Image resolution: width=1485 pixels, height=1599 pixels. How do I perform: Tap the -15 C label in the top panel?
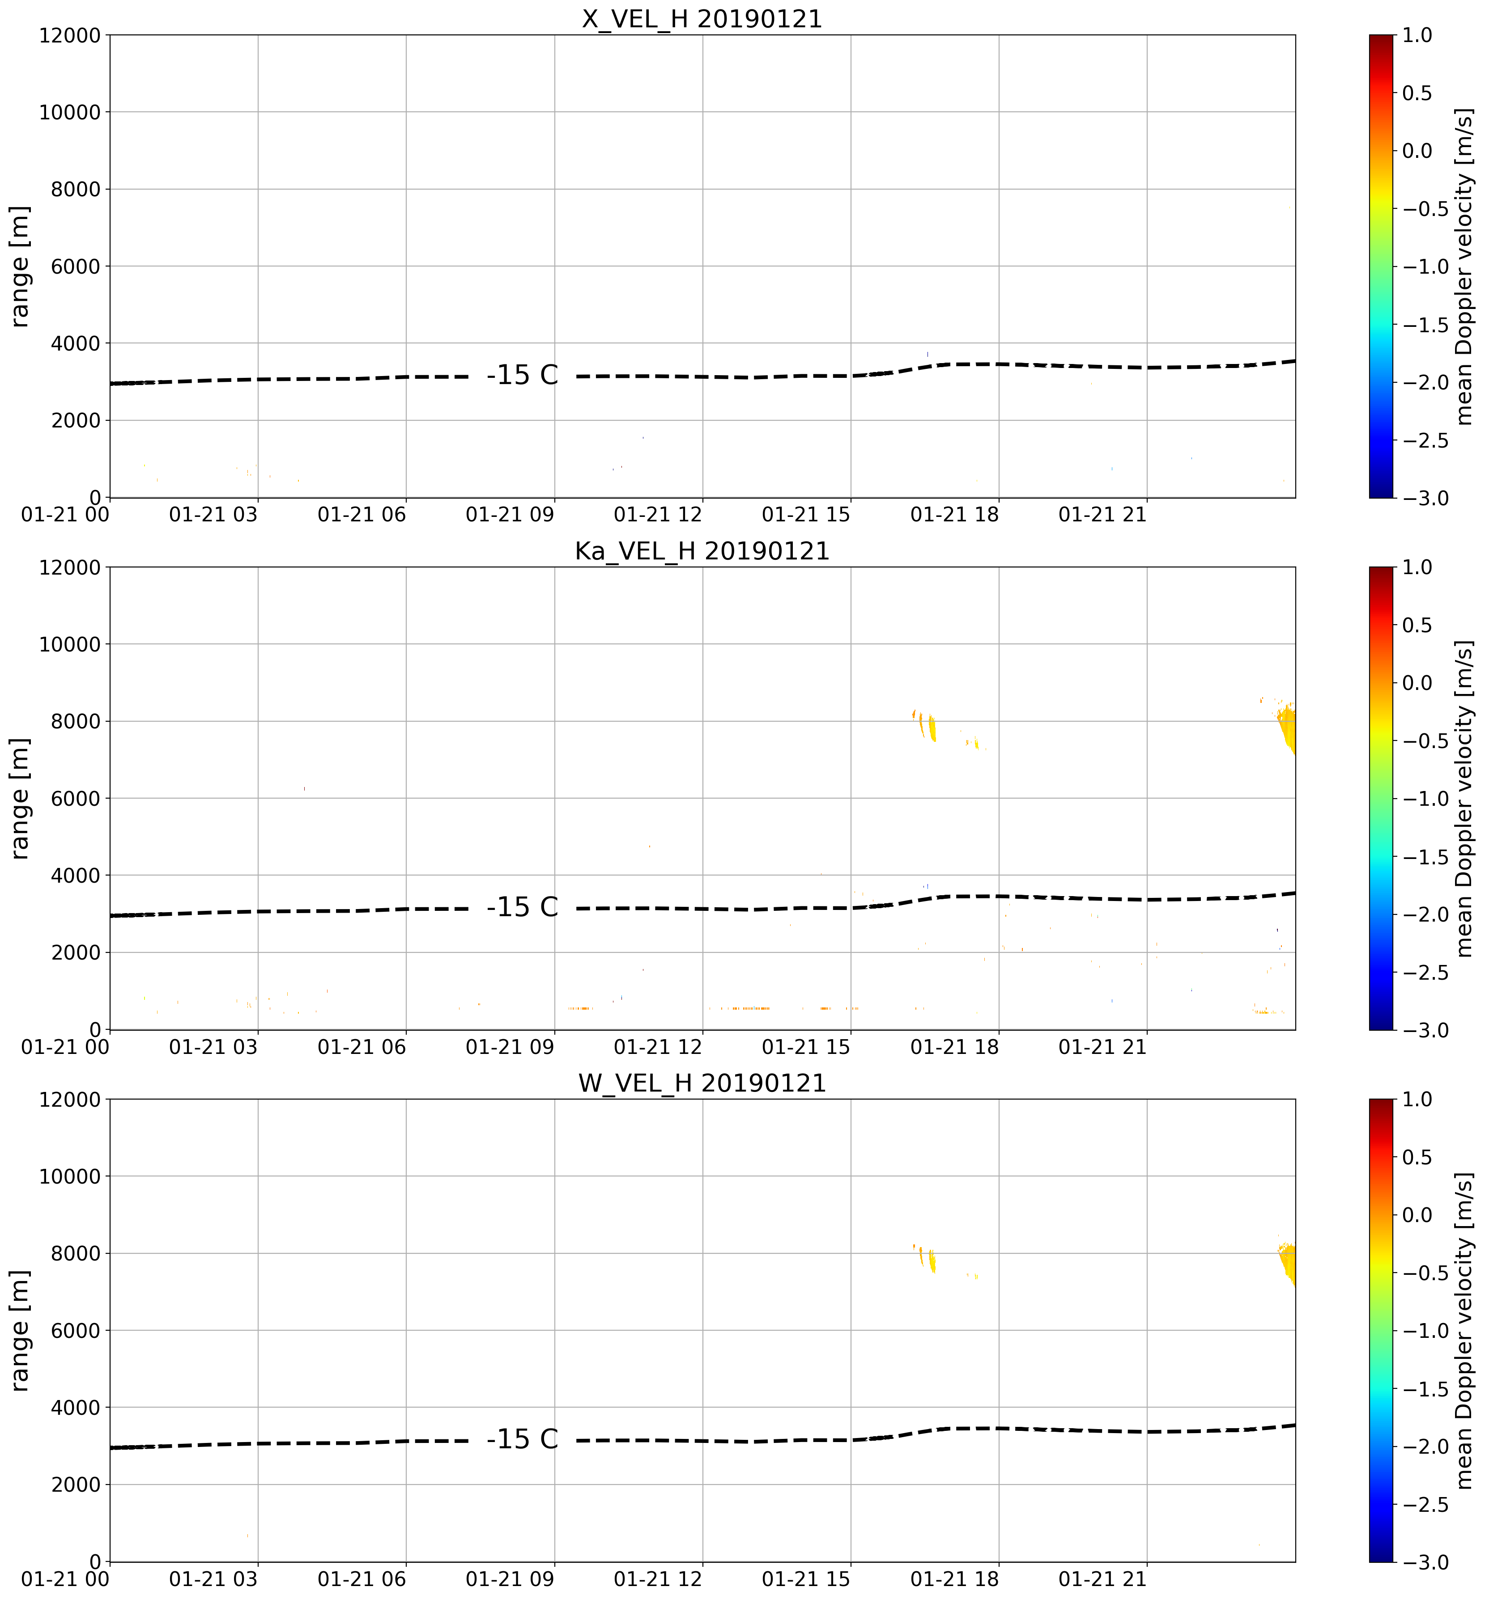[x=522, y=375]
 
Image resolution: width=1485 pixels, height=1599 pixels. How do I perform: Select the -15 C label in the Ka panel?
[x=522, y=908]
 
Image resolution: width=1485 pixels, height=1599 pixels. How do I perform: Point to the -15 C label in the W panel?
[x=522, y=1440]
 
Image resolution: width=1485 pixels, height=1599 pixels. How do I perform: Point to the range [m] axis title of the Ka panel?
[x=21, y=798]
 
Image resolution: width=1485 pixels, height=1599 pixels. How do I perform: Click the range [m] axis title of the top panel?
[x=21, y=266]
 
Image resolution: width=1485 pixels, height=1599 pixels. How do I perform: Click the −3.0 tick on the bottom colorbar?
[x=1427, y=1562]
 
